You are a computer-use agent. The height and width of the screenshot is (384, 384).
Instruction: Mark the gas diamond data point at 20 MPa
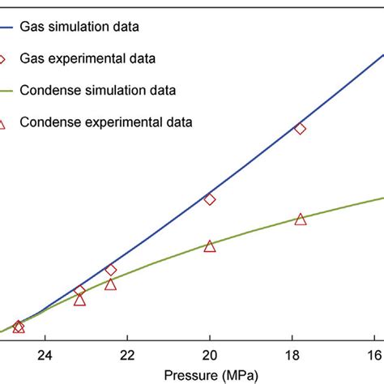[x=210, y=199]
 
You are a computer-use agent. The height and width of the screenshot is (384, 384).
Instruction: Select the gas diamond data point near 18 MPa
[x=301, y=129]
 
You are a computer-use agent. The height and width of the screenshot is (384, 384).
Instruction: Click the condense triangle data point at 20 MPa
[x=210, y=246]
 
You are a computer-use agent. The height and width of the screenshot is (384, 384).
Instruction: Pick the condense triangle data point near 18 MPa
[x=301, y=220]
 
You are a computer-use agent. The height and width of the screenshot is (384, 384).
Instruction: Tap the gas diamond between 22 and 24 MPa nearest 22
[x=111, y=270]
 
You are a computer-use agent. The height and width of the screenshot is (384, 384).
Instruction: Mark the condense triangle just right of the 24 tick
[x=79, y=300]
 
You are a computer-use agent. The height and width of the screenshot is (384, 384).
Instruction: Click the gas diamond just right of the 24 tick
[x=79, y=290]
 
